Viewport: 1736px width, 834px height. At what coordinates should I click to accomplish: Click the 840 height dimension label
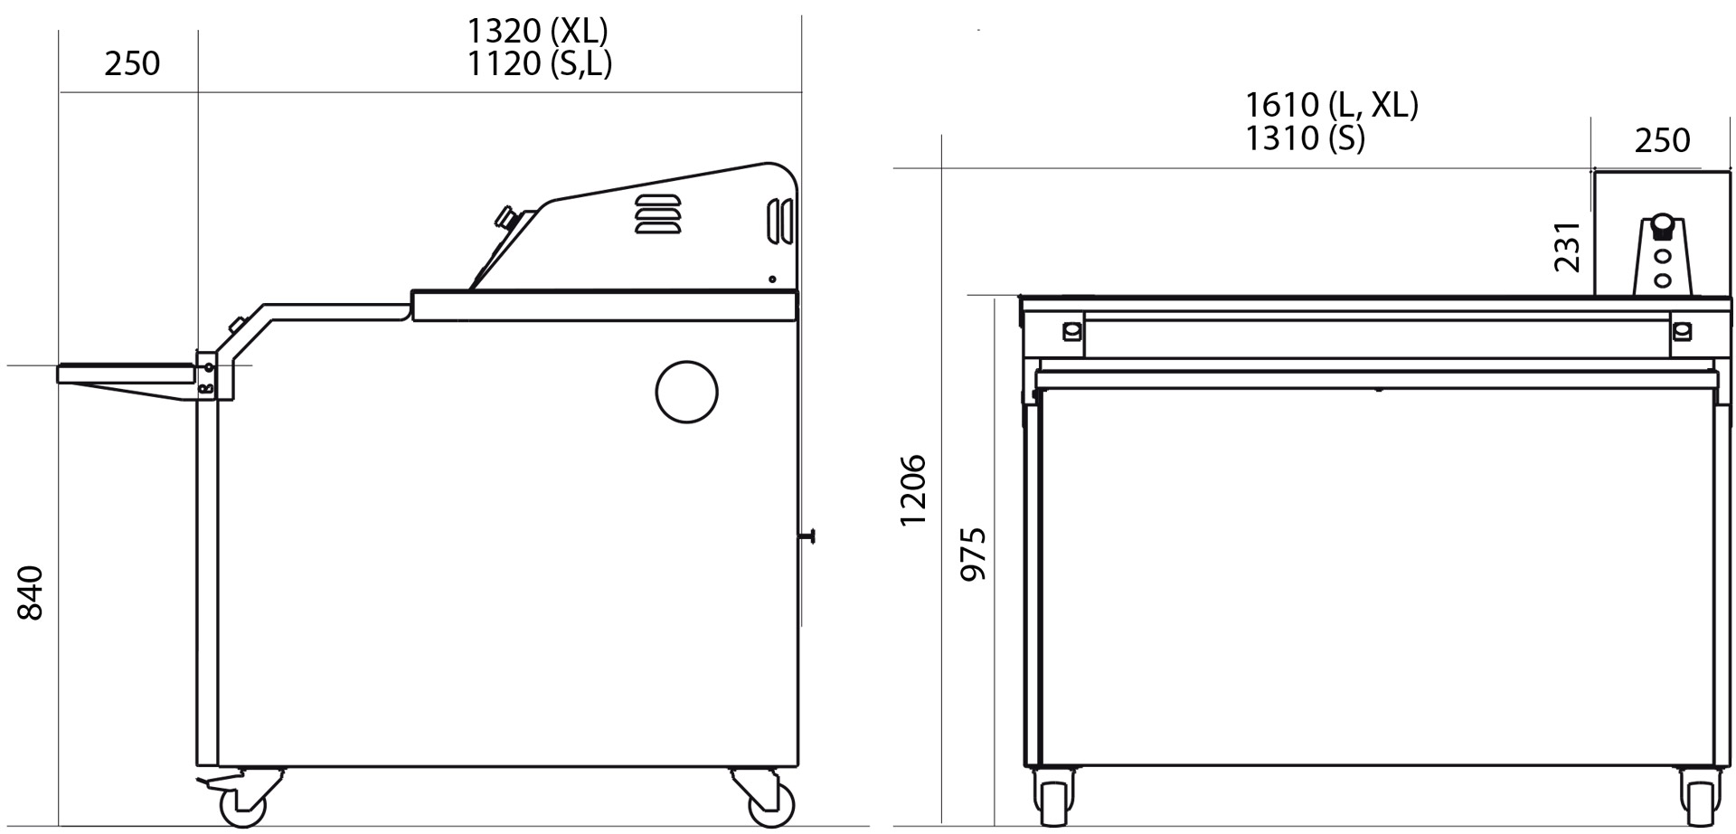(x=31, y=592)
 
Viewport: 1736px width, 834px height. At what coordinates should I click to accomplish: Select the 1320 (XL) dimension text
(x=537, y=31)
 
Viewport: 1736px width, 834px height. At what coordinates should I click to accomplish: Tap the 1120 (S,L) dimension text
(x=540, y=63)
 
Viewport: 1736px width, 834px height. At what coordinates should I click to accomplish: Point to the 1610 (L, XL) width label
(x=1332, y=105)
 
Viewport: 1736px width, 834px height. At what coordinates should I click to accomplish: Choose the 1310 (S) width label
(x=1305, y=137)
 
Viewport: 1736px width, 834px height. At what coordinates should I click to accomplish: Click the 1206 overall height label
(x=913, y=489)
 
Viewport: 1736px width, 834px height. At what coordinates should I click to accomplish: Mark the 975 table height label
(x=973, y=554)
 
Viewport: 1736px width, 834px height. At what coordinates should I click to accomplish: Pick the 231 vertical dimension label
(x=1567, y=246)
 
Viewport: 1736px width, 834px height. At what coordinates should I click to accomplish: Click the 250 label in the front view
(x=1662, y=140)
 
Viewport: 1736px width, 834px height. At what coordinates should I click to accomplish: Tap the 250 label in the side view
(x=132, y=63)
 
